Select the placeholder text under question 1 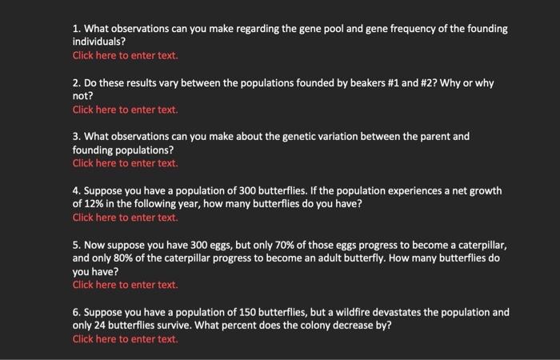[125, 56]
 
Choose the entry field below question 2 [125, 110]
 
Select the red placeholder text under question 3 [125, 163]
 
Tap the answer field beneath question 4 [125, 218]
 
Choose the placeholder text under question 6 [125, 339]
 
